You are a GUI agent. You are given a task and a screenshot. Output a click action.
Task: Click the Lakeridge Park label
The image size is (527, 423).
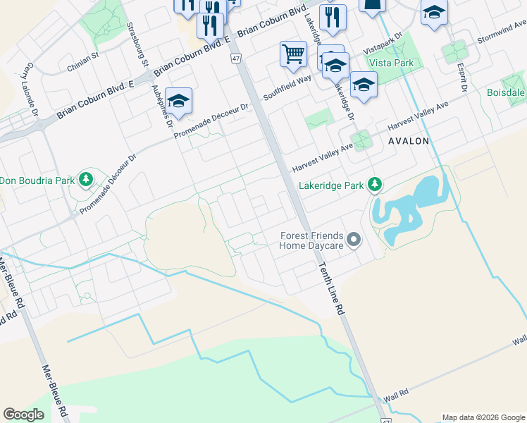point(330,185)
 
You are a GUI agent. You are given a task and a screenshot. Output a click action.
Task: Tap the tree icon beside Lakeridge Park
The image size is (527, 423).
point(376,185)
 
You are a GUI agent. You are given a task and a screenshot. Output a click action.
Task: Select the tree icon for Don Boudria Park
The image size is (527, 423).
point(87,180)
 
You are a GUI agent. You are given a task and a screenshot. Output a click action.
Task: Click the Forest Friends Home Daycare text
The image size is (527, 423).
point(311,240)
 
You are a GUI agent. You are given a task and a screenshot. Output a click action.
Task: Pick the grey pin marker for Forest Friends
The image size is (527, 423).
point(354,240)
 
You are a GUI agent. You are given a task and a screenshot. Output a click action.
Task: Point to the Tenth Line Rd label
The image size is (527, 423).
point(330,283)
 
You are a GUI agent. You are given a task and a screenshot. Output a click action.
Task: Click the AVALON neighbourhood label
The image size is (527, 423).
point(408,141)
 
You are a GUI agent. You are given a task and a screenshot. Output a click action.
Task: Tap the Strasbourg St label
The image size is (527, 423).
point(137,44)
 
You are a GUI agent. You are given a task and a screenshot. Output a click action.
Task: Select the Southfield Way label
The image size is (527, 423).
point(287,85)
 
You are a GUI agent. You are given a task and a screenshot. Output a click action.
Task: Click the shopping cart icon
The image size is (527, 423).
point(292,54)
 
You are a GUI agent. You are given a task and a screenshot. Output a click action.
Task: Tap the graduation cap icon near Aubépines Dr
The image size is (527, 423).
point(178,101)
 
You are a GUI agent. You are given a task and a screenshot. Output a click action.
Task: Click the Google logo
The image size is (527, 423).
point(24,415)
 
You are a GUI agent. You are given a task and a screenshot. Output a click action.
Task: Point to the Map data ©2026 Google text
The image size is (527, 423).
point(483,417)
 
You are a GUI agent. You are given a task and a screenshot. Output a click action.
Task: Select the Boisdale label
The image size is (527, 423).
point(507,92)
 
